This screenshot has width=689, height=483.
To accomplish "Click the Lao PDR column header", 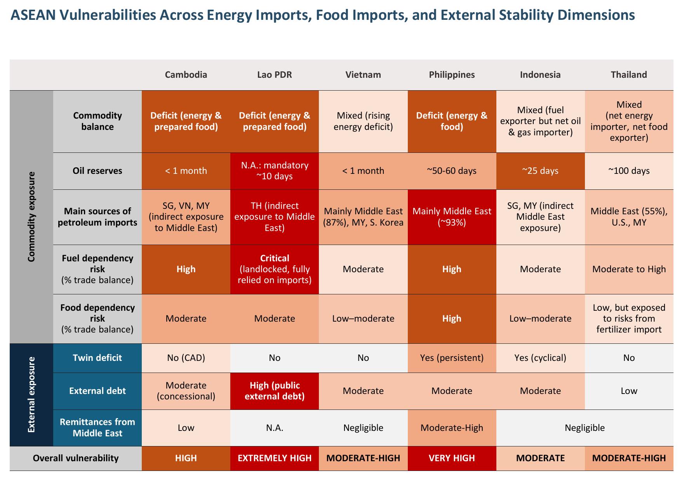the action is [274, 75].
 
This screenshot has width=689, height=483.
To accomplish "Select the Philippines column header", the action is [452, 75].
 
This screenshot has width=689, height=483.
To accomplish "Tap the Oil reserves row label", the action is [97, 171].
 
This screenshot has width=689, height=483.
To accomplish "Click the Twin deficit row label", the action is [97, 358].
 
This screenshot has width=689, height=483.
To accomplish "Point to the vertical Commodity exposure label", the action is [31, 217].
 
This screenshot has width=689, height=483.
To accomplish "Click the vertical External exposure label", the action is [31, 395].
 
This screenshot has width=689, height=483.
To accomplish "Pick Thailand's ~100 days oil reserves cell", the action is [629, 171].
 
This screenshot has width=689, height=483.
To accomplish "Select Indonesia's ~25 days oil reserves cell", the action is [540, 171].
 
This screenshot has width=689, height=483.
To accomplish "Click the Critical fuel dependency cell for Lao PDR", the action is [275, 269].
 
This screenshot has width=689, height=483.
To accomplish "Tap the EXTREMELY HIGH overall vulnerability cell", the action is [275, 458].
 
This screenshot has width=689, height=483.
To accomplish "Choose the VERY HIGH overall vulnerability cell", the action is [452, 458].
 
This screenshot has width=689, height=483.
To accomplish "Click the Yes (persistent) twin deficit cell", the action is [452, 358].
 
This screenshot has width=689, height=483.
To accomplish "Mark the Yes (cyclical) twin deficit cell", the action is [540, 358].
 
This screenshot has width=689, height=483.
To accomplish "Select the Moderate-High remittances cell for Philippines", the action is [452, 428].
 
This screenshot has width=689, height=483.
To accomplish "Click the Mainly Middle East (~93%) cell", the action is [452, 217].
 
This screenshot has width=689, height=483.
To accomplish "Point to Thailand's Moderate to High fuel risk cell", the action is [629, 269].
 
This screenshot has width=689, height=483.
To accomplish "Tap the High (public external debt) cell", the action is [275, 391].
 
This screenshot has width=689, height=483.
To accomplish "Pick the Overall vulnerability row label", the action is [76, 458].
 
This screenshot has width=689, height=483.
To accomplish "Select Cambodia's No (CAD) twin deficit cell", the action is [186, 358].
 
